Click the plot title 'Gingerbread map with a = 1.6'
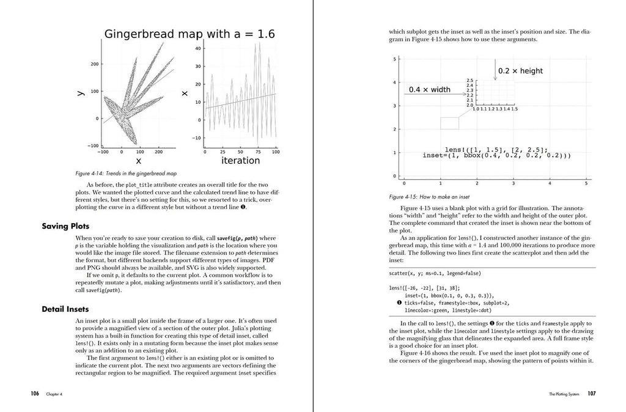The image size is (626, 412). click(x=190, y=34)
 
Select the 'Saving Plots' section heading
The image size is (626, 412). click(x=65, y=226)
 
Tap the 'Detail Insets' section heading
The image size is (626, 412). click(x=65, y=309)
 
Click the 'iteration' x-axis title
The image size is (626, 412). click(x=240, y=161)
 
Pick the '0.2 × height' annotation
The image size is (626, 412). click(x=520, y=71)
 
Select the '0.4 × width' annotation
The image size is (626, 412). click(x=429, y=89)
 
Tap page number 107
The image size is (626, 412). click(x=592, y=394)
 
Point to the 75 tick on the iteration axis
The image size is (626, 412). click(x=258, y=152)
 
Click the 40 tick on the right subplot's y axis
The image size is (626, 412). click(x=198, y=48)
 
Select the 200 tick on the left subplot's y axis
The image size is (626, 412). click(x=95, y=64)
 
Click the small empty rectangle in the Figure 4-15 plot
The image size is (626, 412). click(x=449, y=123)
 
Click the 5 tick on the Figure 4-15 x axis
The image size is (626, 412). click(x=586, y=183)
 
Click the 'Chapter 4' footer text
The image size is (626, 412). click(x=54, y=395)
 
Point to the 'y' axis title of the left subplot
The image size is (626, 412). click(x=80, y=94)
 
